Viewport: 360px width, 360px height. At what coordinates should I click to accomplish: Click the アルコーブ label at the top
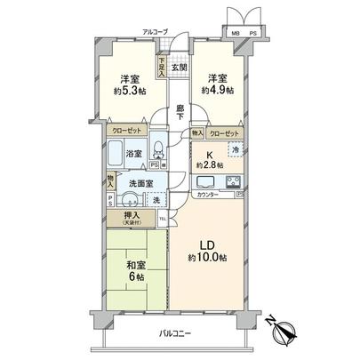[x=156, y=32]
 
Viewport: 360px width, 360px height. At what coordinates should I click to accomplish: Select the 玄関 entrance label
[x=179, y=68]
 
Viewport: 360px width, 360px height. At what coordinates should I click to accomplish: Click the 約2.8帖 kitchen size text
[x=209, y=165]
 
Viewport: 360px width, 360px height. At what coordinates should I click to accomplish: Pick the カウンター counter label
[x=208, y=194]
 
